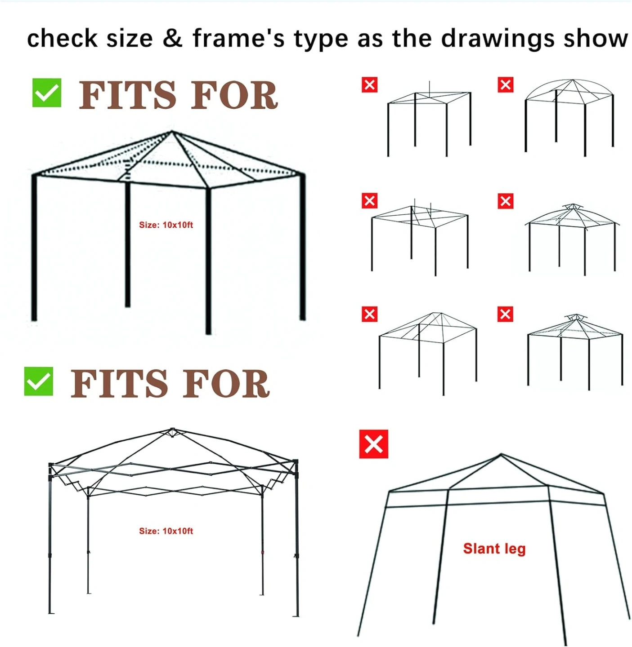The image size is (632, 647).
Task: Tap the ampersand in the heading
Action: point(173,38)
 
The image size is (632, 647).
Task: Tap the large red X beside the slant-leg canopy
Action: point(373,444)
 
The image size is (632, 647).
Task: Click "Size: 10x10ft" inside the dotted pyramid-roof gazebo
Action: point(166,225)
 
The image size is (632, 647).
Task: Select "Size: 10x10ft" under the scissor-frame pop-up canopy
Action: point(166,531)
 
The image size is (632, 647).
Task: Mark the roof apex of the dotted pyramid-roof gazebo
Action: point(172,132)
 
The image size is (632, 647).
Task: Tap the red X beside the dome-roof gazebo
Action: point(506,85)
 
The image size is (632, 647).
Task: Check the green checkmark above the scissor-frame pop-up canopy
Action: point(39,381)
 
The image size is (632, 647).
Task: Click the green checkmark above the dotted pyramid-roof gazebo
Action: point(47,93)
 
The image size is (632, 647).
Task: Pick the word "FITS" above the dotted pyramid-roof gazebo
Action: point(127,95)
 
